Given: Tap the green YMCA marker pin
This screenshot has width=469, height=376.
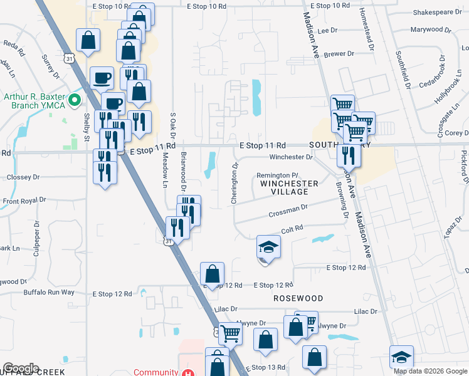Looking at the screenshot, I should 74,100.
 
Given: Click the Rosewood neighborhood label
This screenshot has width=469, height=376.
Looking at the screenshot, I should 298,299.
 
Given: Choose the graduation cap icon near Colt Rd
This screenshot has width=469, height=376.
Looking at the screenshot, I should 268,248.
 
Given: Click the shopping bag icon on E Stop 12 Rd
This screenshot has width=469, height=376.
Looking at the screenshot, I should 212,273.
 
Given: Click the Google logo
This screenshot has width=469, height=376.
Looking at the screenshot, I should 21,368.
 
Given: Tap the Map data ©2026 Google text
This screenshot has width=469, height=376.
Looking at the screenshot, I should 431,371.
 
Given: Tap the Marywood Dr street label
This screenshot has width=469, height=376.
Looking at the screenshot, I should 431,29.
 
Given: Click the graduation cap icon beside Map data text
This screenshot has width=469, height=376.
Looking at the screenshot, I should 402,357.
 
